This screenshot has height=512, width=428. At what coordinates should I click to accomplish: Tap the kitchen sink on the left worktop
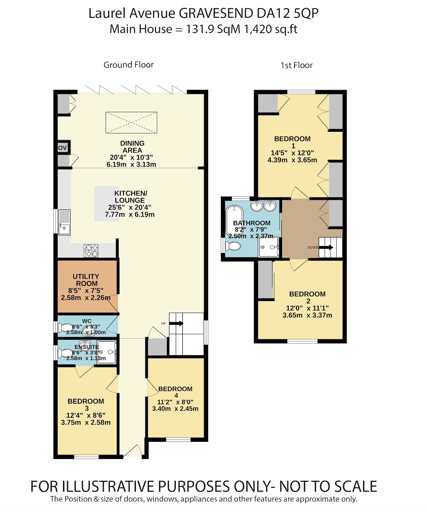tap(64, 222)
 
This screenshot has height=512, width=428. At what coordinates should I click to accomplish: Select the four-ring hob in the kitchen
tap(91, 250)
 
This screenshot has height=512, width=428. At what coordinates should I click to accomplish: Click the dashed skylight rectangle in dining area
tap(131, 122)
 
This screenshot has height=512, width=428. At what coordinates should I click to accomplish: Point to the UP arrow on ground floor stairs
tap(176, 323)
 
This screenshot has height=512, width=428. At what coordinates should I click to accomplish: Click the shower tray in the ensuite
tap(107, 352)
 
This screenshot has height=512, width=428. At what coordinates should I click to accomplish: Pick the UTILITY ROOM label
tap(86, 280)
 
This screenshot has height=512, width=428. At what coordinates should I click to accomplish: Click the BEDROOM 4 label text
tap(175, 389)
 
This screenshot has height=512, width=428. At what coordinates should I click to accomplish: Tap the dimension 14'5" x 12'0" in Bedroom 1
tap(292, 153)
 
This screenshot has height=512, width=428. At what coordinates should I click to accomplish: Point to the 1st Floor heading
tap(296, 65)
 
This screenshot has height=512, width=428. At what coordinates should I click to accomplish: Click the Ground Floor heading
tap(128, 65)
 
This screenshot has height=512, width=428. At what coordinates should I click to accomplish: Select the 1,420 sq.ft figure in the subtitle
tap(270, 29)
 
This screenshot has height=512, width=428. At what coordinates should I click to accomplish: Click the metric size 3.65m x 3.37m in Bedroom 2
tap(307, 315)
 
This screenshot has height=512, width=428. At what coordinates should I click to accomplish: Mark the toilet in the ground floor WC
tap(65, 328)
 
